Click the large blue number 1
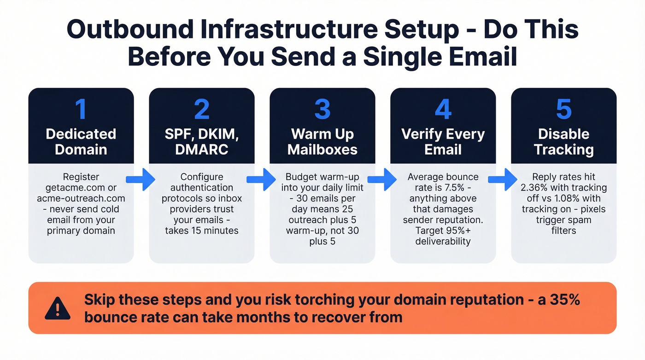click(x=81, y=109)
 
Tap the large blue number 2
click(x=201, y=109)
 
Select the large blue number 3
click(x=322, y=109)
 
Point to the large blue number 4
click(x=443, y=109)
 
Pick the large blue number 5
click(x=563, y=109)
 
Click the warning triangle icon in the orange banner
click(x=58, y=308)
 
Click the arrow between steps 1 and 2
click(x=141, y=180)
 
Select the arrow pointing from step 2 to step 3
click(x=262, y=180)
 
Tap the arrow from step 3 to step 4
click(x=382, y=180)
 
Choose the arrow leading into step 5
click(x=503, y=180)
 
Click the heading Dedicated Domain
click(x=81, y=142)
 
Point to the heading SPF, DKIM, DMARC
click(x=202, y=142)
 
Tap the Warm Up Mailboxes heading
click(x=322, y=142)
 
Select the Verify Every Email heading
click(x=443, y=142)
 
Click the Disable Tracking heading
click(x=564, y=142)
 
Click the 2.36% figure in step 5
click(x=535, y=188)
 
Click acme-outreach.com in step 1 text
click(x=81, y=199)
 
